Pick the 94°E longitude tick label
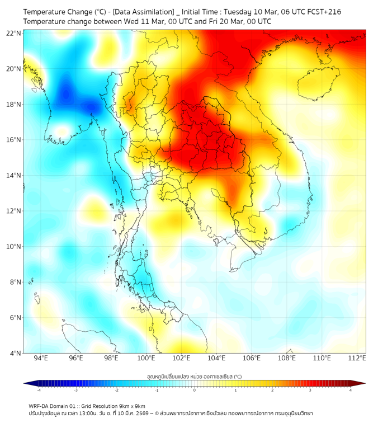coord(41,358)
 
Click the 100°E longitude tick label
coord(146,358)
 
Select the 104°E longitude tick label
coord(216,358)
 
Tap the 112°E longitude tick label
coord(357,358)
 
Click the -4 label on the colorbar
coord(38,390)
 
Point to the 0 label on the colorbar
coord(195,390)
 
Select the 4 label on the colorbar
coord(351,390)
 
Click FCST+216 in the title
coord(323,12)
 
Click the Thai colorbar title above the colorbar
coord(194,377)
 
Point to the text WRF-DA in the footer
coord(40,406)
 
